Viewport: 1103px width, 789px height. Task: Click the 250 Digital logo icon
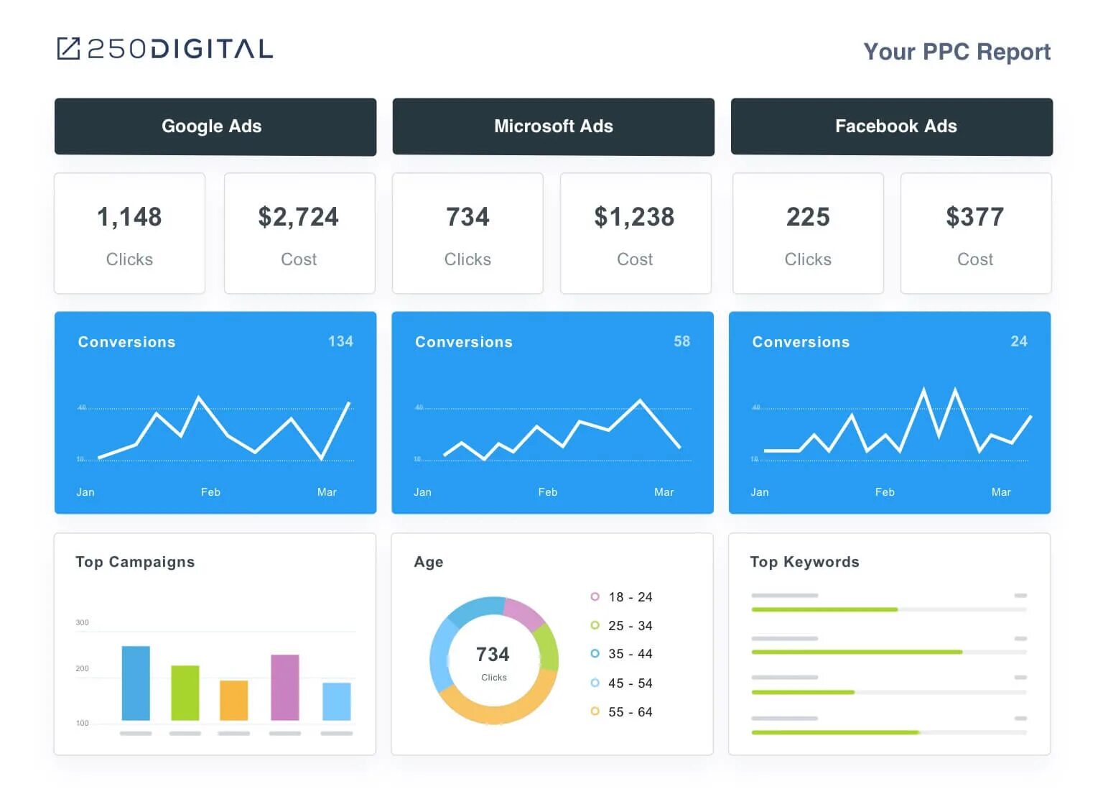(68, 49)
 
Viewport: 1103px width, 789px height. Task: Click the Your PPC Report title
(956, 52)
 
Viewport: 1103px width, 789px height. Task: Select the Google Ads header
(212, 126)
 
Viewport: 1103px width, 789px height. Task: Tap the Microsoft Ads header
(553, 126)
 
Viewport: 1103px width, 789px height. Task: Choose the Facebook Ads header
(895, 126)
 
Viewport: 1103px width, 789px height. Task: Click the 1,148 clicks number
(129, 217)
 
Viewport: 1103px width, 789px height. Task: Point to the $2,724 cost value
(298, 217)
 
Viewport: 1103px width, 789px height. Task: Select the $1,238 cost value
(634, 217)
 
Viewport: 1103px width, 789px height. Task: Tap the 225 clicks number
(808, 217)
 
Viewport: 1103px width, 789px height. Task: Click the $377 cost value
(974, 217)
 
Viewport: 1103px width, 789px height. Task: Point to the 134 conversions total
(340, 341)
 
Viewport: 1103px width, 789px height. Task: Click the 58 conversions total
(681, 341)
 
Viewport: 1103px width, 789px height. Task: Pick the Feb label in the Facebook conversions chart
(885, 492)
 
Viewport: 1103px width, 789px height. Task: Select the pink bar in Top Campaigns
(284, 687)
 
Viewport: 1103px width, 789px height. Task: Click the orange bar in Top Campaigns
(233, 700)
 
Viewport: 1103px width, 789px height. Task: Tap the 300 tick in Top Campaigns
(83, 622)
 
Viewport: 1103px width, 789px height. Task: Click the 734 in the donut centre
(493, 655)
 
